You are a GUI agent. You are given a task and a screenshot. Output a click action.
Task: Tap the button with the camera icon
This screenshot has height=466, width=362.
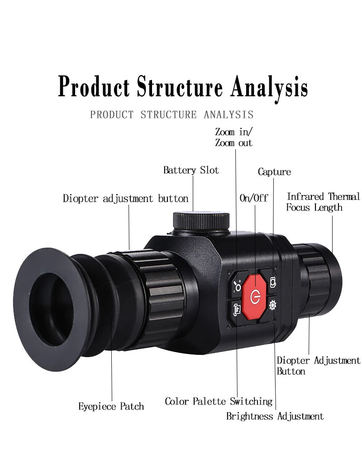(273, 282)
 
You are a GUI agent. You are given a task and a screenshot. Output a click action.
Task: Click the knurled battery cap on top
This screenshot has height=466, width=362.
(201, 221)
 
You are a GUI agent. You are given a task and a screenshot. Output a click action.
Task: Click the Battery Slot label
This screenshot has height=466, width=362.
(191, 170)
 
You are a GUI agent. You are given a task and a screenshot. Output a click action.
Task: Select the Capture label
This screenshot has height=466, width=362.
(274, 172)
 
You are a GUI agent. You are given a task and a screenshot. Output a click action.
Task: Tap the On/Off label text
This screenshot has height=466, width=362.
(253, 198)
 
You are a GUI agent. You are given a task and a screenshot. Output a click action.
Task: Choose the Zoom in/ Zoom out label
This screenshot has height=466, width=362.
(234, 137)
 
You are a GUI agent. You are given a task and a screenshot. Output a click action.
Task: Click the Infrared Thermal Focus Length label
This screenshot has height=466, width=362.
(323, 202)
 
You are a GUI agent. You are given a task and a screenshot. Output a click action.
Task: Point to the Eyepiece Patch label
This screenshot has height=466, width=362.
(111, 406)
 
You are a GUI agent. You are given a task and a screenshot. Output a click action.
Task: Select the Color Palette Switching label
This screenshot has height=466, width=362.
(219, 401)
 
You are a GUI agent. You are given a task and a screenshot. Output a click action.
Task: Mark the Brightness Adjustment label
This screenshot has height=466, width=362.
(275, 416)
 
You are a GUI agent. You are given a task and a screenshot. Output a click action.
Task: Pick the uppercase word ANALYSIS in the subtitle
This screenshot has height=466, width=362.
(228, 115)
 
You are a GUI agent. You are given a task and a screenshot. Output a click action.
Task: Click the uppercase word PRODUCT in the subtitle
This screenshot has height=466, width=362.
(112, 115)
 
